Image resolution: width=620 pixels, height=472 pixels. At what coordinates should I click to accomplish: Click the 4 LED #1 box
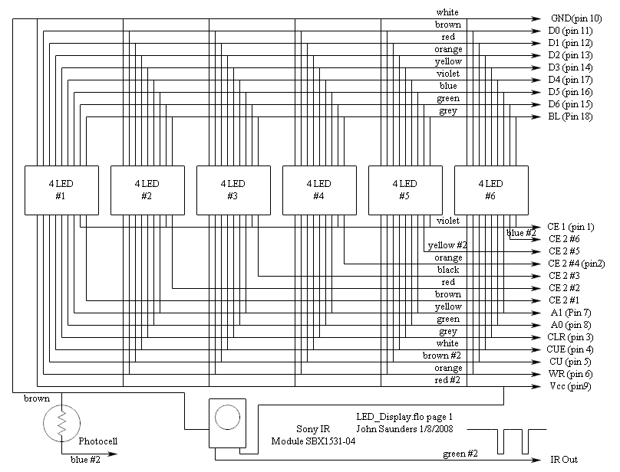[x=61, y=189]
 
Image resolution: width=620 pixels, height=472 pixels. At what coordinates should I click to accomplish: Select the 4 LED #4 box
[x=318, y=189]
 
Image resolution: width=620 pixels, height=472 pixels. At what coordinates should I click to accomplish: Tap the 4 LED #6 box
[x=490, y=189]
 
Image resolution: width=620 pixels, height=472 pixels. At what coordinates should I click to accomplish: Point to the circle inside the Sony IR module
[x=228, y=418]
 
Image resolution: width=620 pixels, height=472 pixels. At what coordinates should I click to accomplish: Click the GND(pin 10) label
[x=576, y=18]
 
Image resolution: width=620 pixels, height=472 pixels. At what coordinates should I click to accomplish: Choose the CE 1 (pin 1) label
[x=571, y=227]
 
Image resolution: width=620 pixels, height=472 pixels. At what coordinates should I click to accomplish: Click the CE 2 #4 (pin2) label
[x=576, y=264]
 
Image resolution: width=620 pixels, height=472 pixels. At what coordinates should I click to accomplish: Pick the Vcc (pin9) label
[x=569, y=386]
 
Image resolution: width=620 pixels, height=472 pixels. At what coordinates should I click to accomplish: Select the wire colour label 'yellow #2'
[x=447, y=246]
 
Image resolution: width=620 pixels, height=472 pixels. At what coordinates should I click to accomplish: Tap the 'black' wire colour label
[x=448, y=270]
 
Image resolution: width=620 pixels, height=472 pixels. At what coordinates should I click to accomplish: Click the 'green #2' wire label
[x=460, y=454]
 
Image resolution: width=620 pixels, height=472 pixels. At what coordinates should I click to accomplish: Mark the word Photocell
[x=98, y=441]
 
